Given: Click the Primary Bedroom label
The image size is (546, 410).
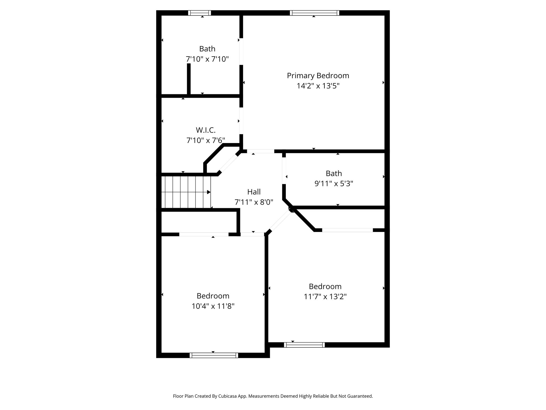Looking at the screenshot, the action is (x=318, y=76).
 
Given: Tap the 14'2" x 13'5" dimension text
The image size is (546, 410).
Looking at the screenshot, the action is (x=318, y=86).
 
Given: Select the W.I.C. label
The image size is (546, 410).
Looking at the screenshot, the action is (x=206, y=130).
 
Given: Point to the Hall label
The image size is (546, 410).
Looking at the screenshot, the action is (x=254, y=192).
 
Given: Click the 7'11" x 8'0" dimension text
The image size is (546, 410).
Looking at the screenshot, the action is (x=254, y=202).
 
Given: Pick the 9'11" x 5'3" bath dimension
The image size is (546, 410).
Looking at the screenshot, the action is (x=334, y=184).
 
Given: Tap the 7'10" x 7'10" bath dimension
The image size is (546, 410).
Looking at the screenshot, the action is (x=207, y=59).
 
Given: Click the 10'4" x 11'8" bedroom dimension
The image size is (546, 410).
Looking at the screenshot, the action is (x=213, y=306).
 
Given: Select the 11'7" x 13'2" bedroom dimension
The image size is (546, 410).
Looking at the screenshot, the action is (x=325, y=297).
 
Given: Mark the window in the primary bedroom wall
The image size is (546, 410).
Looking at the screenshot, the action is (x=315, y=13).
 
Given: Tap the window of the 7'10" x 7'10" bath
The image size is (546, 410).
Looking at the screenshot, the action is (x=199, y=13).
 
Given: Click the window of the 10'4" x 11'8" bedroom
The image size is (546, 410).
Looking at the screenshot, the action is (x=214, y=355).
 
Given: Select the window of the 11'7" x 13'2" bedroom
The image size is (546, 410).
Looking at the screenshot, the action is (x=304, y=345).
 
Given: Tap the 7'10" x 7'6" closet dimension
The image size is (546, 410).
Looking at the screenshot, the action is (x=206, y=140).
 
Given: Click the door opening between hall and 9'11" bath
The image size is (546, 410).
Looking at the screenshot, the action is (x=284, y=171).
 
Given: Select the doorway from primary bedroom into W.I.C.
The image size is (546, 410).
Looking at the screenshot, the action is (x=241, y=121).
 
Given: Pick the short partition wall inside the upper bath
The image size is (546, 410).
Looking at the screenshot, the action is (x=189, y=79).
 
